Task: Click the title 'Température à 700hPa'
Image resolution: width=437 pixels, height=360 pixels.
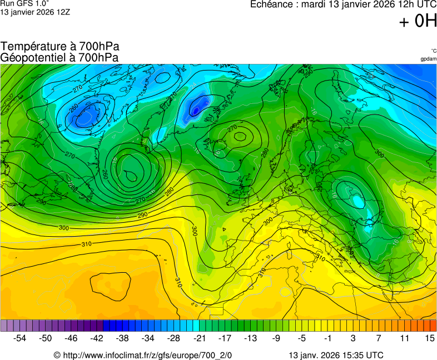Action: click(x=60, y=47)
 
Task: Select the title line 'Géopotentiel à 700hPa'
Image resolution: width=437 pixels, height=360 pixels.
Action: click(x=59, y=57)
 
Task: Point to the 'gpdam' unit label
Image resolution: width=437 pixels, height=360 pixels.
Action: click(x=428, y=58)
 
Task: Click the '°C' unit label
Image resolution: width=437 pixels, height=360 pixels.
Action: click(x=433, y=51)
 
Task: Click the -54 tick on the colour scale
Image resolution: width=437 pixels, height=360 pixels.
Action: click(x=20, y=338)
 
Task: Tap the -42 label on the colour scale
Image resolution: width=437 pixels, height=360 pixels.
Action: click(x=97, y=338)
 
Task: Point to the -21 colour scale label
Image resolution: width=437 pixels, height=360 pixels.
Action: click(x=199, y=338)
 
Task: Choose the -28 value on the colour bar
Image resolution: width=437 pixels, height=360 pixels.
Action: click(x=173, y=338)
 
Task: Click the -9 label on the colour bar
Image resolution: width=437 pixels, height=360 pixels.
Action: click(x=276, y=338)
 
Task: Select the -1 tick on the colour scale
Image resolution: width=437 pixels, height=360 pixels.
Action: click(x=327, y=338)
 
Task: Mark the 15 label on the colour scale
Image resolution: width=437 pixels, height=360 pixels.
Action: click(x=429, y=338)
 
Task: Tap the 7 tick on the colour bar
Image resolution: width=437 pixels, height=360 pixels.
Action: click(x=378, y=338)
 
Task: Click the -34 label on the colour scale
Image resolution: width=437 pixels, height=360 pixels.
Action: click(x=148, y=338)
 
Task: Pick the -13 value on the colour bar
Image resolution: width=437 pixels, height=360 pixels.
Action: click(x=250, y=338)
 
